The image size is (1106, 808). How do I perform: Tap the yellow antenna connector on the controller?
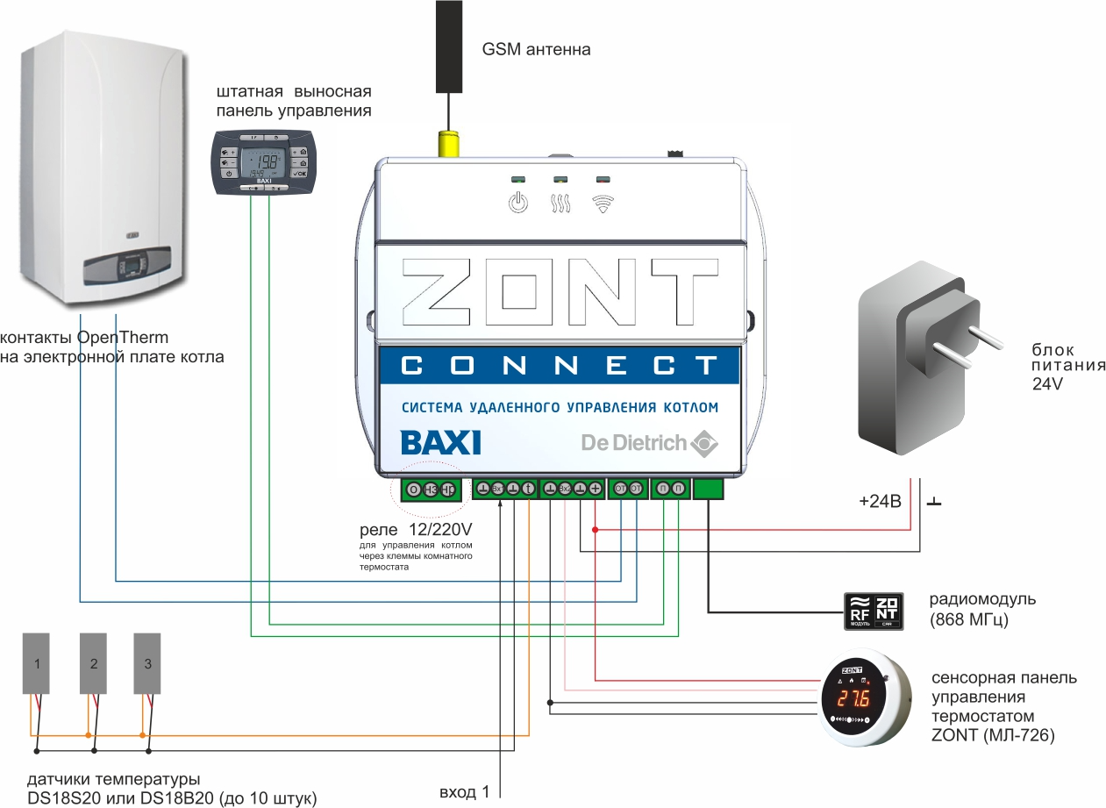[449, 144]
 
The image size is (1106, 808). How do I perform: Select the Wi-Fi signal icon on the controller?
[602, 204]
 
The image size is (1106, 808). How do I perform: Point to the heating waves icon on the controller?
[560, 204]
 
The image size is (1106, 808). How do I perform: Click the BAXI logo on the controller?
[440, 441]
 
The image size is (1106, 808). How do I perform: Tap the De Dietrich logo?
[649, 443]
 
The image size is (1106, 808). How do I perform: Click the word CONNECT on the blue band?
[559, 366]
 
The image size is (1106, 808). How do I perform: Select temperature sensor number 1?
[37, 663]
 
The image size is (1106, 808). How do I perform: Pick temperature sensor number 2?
[94, 663]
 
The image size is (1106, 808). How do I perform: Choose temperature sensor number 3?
[148, 663]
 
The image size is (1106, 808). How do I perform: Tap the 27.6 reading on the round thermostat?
[853, 699]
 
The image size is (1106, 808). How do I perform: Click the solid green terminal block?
[709, 489]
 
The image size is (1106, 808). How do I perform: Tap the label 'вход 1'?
[464, 793]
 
